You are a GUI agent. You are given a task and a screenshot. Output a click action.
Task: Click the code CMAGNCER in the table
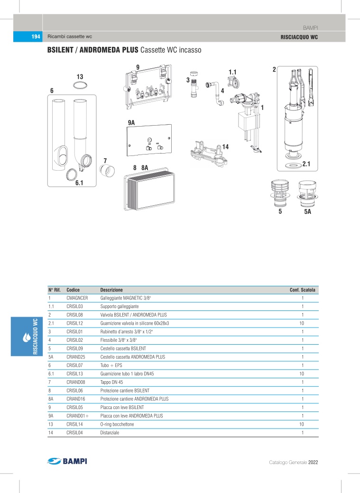click(x=77, y=298)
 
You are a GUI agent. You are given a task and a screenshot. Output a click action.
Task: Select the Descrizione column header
click(x=111, y=290)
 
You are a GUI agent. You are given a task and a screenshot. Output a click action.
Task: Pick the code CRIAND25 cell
click(x=76, y=357)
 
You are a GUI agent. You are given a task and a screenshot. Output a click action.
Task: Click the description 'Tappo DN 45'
click(x=112, y=382)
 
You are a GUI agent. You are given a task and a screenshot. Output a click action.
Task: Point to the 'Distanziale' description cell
click(x=110, y=433)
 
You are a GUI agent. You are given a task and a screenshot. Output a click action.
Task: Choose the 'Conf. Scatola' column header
click(x=302, y=290)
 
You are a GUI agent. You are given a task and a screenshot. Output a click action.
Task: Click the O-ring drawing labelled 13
click(x=80, y=85)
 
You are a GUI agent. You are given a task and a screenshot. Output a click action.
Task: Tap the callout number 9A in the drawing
click(x=131, y=123)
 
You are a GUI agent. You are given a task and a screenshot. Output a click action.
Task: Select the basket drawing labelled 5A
click(x=307, y=193)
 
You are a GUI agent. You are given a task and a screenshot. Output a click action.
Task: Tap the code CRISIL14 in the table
click(x=76, y=424)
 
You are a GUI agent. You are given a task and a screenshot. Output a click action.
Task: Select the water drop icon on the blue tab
click(x=26, y=338)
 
